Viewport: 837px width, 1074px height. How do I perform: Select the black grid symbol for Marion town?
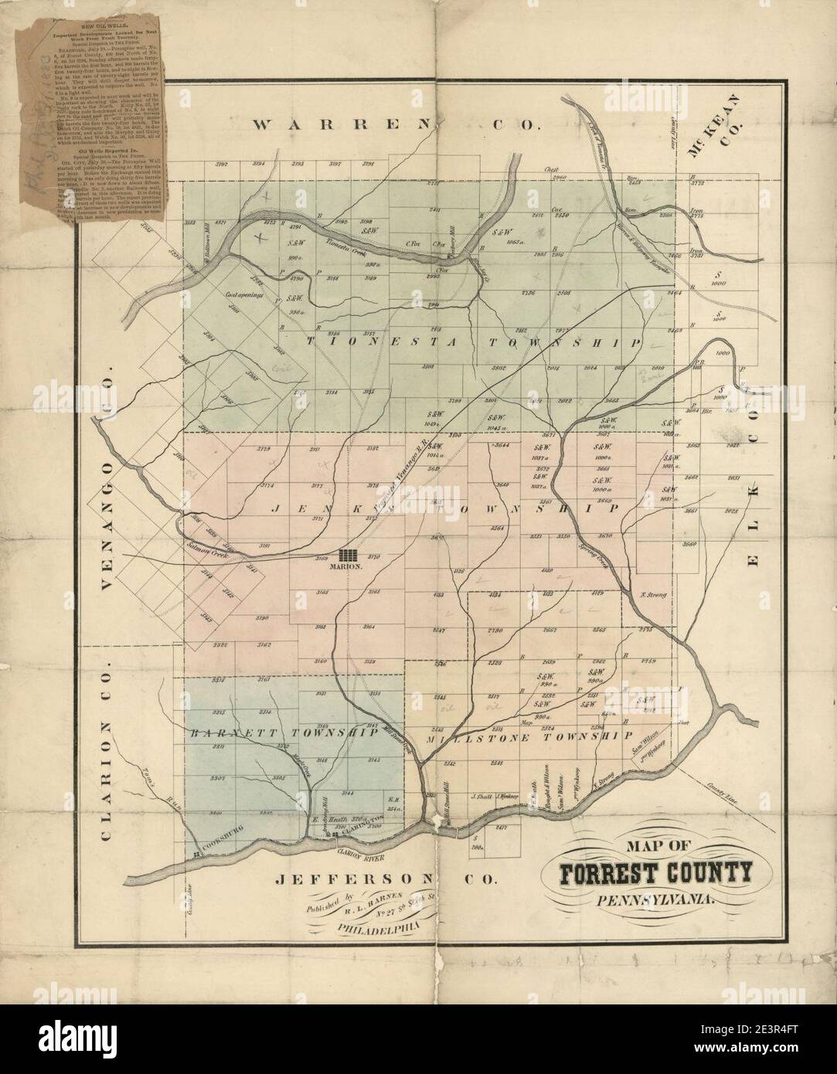coord(349,555)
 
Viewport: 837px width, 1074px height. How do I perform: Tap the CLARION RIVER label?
coord(356,854)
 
